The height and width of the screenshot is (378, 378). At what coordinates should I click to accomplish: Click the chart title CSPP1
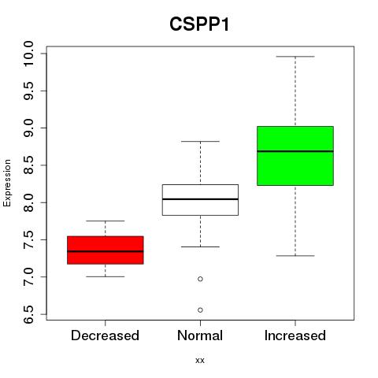tap(199, 24)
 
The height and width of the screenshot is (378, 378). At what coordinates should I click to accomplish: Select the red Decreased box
tap(106, 250)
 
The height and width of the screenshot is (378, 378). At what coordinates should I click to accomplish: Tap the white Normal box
tap(200, 200)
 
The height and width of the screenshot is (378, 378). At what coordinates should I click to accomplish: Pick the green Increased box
tap(295, 156)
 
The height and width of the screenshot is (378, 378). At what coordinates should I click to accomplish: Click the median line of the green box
tap(295, 151)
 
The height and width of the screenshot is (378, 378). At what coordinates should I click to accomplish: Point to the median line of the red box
tap(106, 251)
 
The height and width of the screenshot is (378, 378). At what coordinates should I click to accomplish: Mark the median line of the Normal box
tap(200, 199)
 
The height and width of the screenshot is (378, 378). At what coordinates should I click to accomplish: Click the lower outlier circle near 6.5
tap(200, 310)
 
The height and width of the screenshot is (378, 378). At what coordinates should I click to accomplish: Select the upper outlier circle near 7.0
tap(200, 279)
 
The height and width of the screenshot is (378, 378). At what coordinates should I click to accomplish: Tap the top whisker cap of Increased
tap(295, 57)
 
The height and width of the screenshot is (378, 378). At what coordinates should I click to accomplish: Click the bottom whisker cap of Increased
tap(295, 256)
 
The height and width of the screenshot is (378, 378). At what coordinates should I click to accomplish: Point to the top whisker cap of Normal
tap(200, 141)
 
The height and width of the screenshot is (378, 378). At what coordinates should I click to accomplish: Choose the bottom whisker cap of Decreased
tap(106, 276)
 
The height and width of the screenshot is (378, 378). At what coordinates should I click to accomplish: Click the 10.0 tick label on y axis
tap(28, 54)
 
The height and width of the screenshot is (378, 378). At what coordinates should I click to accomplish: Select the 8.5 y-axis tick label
tap(28, 165)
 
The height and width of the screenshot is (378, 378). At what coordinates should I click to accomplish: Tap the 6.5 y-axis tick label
tap(28, 314)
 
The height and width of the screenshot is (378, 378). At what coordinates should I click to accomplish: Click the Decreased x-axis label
tap(105, 335)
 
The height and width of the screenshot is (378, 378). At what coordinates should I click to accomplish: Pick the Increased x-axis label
tap(295, 335)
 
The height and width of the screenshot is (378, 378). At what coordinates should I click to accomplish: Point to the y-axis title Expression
tap(7, 183)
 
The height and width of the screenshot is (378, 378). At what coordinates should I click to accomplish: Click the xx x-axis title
tap(200, 361)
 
